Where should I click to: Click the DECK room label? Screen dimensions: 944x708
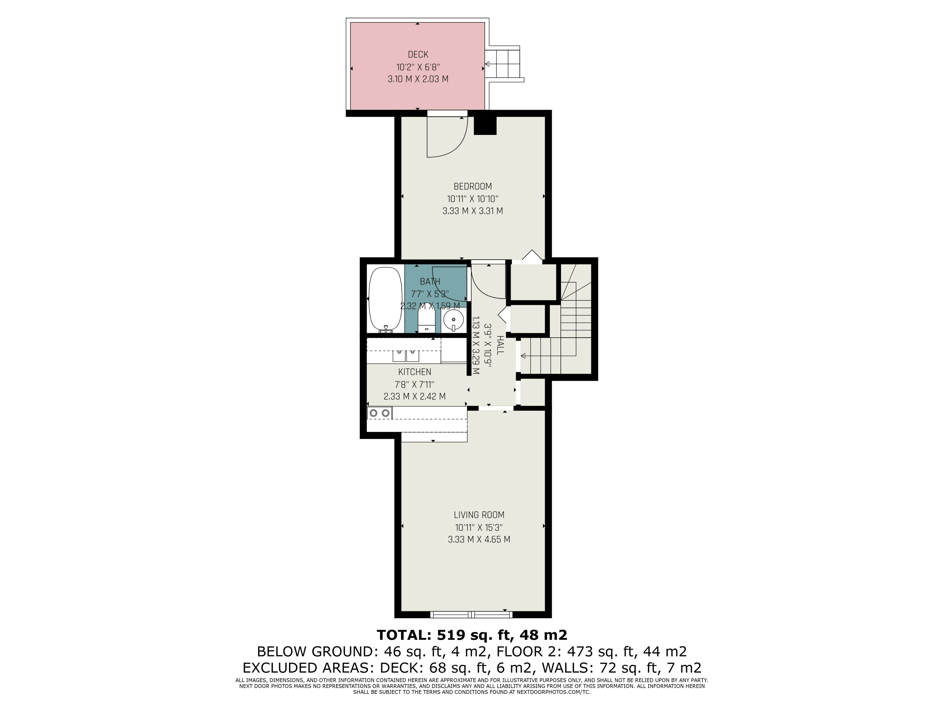pos(418,55)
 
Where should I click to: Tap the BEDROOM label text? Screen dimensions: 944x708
pos(472,187)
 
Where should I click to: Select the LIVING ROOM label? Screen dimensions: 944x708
pos(479,515)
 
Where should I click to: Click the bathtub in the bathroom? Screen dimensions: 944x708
pos(385,300)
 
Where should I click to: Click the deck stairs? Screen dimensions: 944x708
pos(504,64)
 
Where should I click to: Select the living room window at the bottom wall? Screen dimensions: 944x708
pos(471,615)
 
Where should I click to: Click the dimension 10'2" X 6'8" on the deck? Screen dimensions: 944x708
pos(418,67)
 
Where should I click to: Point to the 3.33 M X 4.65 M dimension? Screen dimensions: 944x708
pos(479,539)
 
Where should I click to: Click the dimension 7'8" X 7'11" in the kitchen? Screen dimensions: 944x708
pos(414,384)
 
